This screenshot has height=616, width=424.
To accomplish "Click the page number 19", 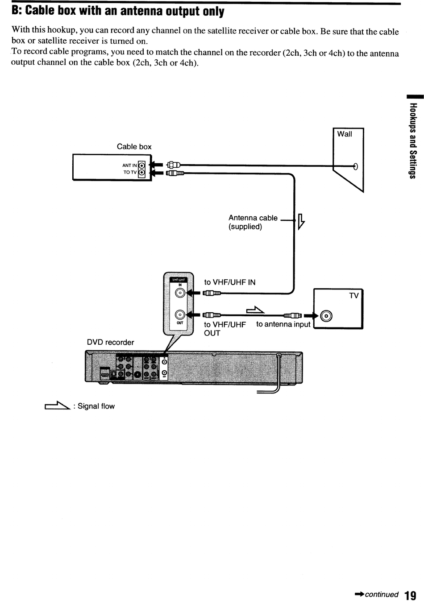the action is click(410, 595).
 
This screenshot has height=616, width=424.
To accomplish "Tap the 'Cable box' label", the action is click(134, 147).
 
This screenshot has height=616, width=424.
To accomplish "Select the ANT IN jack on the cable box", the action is click(141, 165).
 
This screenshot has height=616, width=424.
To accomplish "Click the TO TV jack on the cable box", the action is click(141, 173).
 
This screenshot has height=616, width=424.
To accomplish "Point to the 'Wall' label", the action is click(345, 134).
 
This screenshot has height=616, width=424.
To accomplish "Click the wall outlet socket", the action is click(355, 167).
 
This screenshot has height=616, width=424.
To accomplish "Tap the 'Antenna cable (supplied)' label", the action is click(253, 222).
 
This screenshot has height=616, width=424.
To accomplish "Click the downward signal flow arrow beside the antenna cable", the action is click(301, 221).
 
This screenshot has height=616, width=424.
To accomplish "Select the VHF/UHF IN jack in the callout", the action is click(180, 293).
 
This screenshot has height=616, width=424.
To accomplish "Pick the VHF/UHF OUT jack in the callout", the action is click(180, 314).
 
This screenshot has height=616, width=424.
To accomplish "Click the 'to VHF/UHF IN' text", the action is click(230, 282).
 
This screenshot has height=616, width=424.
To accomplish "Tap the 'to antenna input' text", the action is click(283, 324).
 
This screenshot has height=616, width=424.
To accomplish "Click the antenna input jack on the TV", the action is click(326, 316).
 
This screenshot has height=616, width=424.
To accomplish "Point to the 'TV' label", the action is click(354, 296).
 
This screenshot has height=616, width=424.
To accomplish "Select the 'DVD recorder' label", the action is click(110, 343).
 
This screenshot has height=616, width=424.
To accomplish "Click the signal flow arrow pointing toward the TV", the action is click(255, 310).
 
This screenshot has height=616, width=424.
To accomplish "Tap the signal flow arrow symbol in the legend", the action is click(57, 405).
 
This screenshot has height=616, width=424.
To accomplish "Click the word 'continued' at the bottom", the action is click(382, 595).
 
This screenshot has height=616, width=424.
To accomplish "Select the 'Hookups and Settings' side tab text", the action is click(413, 141).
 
